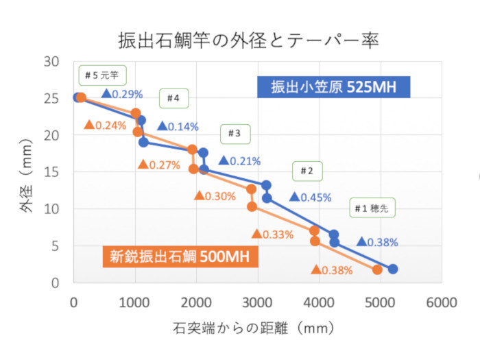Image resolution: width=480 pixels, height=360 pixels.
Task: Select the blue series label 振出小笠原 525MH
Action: (334, 87)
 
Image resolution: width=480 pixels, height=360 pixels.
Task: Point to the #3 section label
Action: (235, 134)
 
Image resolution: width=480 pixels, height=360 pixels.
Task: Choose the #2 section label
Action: (307, 171)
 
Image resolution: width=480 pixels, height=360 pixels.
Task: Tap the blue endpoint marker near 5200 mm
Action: (393, 269)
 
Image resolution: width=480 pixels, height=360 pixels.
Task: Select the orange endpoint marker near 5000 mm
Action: (377, 269)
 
